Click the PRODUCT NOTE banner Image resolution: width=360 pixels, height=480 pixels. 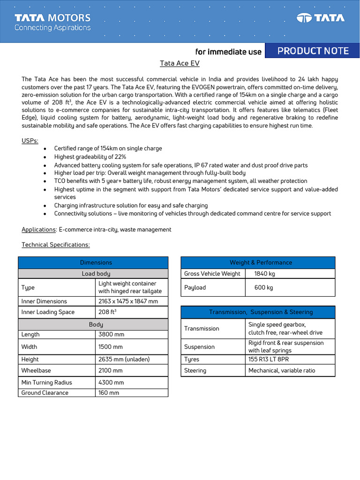[x=313, y=51]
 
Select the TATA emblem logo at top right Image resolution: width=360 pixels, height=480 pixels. [x=321, y=18]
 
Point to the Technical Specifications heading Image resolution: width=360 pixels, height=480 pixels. [x=55, y=245]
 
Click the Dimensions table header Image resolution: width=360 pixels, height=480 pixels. [x=96, y=262]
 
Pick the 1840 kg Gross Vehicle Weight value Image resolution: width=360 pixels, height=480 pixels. [x=264, y=274]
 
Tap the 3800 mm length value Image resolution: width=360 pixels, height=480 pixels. [x=111, y=335]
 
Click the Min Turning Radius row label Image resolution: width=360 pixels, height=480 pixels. [x=47, y=382]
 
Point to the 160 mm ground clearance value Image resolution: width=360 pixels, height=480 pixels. [x=109, y=393]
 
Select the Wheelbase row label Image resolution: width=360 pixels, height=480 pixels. [x=37, y=371]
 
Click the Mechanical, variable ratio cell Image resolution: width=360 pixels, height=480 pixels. [x=282, y=371]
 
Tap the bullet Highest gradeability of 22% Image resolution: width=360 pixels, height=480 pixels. [x=90, y=157]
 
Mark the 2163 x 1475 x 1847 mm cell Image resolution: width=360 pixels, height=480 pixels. [x=128, y=301]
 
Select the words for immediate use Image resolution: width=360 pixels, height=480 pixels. [x=228, y=52]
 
